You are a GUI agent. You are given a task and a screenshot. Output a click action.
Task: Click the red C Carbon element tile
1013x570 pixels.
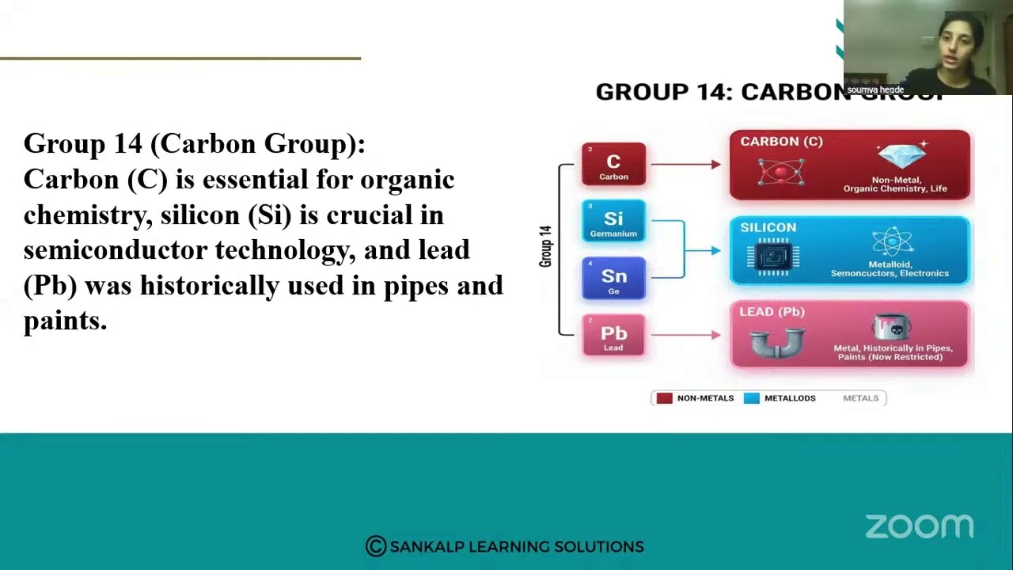tap(613, 165)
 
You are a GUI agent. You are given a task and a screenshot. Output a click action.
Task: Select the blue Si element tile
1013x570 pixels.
tap(613, 221)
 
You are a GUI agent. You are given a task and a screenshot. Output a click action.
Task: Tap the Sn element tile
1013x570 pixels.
tap(613, 279)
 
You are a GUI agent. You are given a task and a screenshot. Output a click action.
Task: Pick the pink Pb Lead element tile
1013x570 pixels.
tap(613, 336)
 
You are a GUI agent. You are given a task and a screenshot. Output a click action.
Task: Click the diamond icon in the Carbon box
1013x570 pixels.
tap(901, 155)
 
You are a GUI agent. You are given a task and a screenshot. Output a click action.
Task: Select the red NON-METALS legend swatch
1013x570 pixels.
tap(664, 398)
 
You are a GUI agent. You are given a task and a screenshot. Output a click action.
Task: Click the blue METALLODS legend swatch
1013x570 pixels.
tap(751, 398)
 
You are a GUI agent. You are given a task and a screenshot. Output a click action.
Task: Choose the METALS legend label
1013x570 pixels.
tap(860, 398)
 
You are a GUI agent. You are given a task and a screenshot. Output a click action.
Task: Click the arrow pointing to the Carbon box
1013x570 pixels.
tap(685, 165)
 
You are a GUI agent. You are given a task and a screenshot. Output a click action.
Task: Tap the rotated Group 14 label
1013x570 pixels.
tap(545, 246)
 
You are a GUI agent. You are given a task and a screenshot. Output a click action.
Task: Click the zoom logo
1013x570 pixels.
tap(919, 526)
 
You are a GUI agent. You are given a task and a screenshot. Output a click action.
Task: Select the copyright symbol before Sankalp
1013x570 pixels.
tap(375, 546)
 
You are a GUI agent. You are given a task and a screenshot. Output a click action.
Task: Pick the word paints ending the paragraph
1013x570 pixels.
tap(64, 321)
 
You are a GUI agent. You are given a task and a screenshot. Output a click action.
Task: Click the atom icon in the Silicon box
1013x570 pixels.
tap(891, 242)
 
